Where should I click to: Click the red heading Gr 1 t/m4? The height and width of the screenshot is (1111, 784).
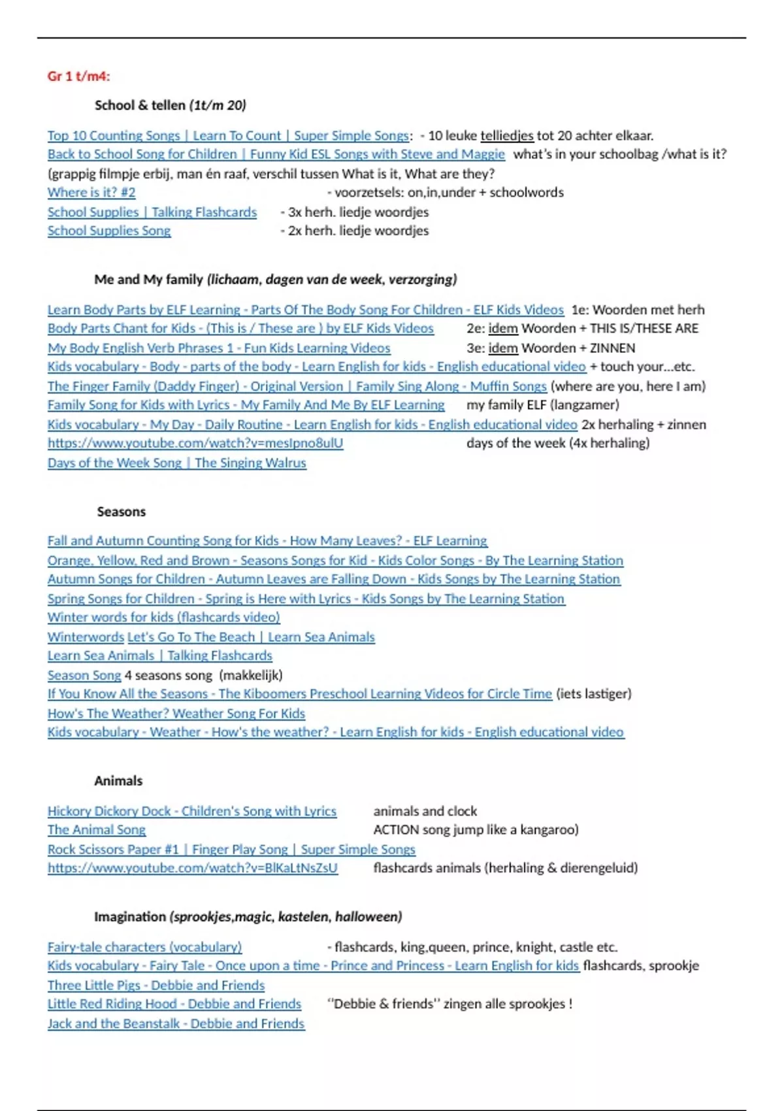pyautogui.click(x=78, y=76)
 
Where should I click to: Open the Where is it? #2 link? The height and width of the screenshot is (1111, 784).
pyautogui.click(x=91, y=193)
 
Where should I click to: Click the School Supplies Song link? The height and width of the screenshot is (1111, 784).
pyautogui.click(x=109, y=231)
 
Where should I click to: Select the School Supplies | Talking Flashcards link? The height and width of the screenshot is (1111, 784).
pyautogui.click(x=152, y=212)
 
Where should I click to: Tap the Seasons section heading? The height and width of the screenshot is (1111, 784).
pyautogui.click(x=122, y=512)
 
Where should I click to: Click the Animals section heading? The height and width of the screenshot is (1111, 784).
pyautogui.click(x=118, y=781)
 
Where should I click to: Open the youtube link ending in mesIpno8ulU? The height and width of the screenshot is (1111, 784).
pyautogui.click(x=195, y=443)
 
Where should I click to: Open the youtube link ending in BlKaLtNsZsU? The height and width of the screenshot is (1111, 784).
pyautogui.click(x=193, y=868)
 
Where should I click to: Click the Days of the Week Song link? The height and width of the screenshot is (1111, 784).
pyautogui.click(x=176, y=463)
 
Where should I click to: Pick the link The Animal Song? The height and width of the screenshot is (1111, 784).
pyautogui.click(x=97, y=830)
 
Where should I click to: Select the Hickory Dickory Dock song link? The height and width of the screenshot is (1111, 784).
pyautogui.click(x=192, y=811)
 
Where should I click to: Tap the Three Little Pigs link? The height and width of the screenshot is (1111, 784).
pyautogui.click(x=156, y=986)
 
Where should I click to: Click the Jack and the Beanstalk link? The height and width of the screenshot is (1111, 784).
pyautogui.click(x=176, y=1023)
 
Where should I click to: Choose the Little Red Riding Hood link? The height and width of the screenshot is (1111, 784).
pyautogui.click(x=174, y=1004)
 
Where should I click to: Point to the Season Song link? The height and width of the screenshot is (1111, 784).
pyautogui.click(x=84, y=675)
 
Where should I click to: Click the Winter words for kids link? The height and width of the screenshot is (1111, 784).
pyautogui.click(x=163, y=617)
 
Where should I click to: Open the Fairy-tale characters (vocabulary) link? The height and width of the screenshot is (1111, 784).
pyautogui.click(x=144, y=947)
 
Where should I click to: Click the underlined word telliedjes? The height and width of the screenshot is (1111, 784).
pyautogui.click(x=507, y=136)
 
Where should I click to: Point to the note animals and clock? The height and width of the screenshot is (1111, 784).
pyautogui.click(x=425, y=811)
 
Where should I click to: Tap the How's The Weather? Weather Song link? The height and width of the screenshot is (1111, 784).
pyautogui.click(x=176, y=714)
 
